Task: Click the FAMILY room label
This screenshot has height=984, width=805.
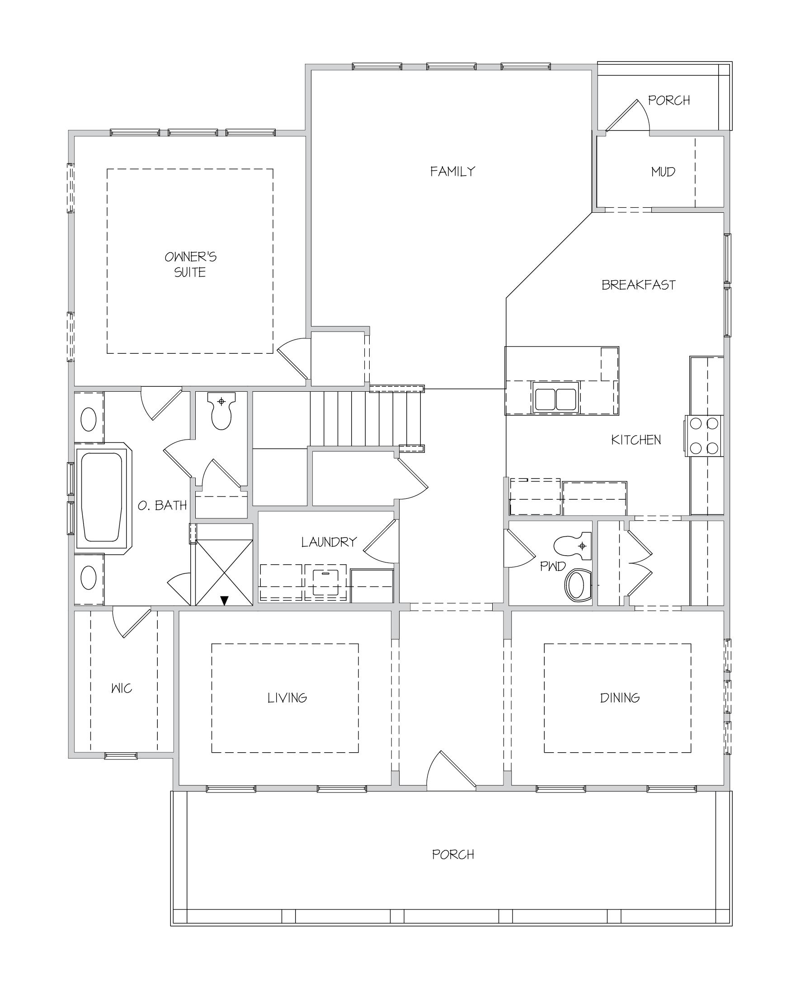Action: coord(452,172)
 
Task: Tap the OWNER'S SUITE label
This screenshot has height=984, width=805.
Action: coord(191,264)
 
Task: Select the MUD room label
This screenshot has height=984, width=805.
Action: coord(663,172)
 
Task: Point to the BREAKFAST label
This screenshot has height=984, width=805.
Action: coord(639,285)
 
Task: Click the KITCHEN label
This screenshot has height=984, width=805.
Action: coord(636,440)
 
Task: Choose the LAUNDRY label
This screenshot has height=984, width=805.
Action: coord(329,542)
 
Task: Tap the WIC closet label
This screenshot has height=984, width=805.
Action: coord(122,688)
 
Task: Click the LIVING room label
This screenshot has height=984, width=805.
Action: coord(287,698)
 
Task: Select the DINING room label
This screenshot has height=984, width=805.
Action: coord(620,698)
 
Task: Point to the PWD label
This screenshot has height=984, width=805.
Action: coord(553,566)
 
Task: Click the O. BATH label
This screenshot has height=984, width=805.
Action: coord(162,505)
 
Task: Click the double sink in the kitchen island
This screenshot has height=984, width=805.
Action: coord(555,397)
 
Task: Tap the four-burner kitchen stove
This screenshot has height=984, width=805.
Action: coord(703,435)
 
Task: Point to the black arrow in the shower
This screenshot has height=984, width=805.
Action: coord(225,601)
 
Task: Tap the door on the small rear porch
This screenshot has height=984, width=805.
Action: coord(627,115)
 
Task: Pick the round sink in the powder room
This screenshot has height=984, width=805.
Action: coord(577,586)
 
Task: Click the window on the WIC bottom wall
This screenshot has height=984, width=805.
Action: coord(121,756)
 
